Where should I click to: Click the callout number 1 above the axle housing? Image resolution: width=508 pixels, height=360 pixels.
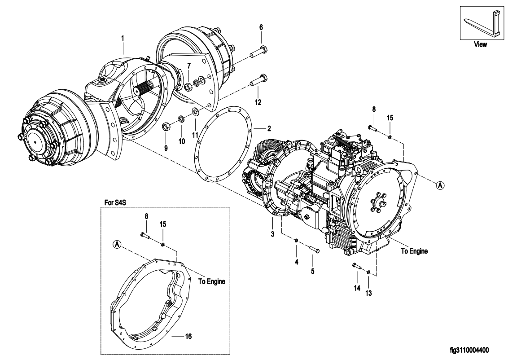[x=123, y=38]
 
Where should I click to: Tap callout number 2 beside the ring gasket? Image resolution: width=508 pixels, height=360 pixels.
[x=269, y=129]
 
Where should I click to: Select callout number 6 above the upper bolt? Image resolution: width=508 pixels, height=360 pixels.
[x=261, y=27]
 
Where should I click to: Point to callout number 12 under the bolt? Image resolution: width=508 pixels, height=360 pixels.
[x=258, y=102]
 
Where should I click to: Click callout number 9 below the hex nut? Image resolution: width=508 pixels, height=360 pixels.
[x=166, y=148]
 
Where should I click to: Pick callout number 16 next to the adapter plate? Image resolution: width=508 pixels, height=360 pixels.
[x=188, y=336]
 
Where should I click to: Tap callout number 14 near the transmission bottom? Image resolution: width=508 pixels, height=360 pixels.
[x=357, y=288]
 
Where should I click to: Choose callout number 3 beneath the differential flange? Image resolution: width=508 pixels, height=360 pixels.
[x=272, y=234]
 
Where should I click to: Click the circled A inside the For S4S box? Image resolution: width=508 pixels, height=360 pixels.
[x=117, y=244]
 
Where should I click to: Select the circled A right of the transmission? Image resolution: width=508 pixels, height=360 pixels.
[x=440, y=185]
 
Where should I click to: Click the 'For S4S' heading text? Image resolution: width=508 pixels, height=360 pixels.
[x=115, y=203]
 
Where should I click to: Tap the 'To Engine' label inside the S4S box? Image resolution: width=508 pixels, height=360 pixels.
[x=211, y=281]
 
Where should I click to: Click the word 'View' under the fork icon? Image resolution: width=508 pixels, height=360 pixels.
[x=480, y=44]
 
